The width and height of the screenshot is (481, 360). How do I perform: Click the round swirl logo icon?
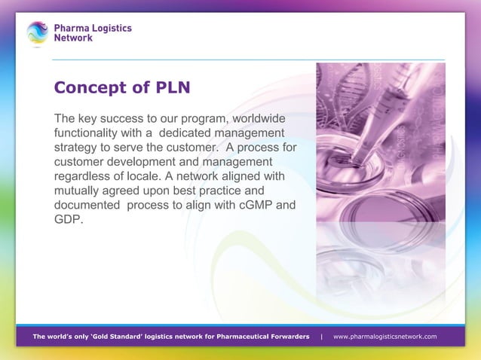(x=37, y=33)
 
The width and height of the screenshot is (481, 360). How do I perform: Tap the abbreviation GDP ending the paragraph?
(x=68, y=219)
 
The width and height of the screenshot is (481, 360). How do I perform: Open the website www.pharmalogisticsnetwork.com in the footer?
(x=384, y=336)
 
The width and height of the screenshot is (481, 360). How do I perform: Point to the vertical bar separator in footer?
(x=322, y=336)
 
